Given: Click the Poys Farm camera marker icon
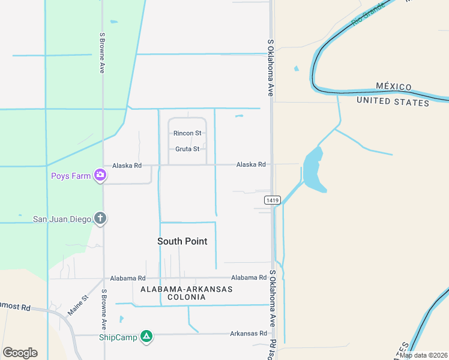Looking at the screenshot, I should [x=100, y=176].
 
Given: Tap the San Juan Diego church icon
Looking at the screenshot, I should [x=100, y=219].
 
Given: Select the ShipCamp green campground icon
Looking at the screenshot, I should [x=146, y=337].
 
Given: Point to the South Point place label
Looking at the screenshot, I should [x=182, y=241].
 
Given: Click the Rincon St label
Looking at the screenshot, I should [x=187, y=133].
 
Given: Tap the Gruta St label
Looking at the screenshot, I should [x=187, y=149].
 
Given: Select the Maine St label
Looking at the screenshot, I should [x=77, y=304].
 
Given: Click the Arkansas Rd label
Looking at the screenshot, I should [x=249, y=334].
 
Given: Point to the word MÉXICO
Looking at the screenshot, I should [x=393, y=87].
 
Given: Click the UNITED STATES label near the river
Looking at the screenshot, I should [x=393, y=102].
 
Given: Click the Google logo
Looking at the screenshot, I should [x=20, y=352].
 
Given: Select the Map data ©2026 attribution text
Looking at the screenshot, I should [x=423, y=355].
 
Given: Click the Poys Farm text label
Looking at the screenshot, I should [x=71, y=176].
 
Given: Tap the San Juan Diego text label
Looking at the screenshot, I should [x=62, y=219].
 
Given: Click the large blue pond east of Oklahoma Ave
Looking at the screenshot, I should [x=313, y=169].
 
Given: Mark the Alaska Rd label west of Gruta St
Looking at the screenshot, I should [x=127, y=165].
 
